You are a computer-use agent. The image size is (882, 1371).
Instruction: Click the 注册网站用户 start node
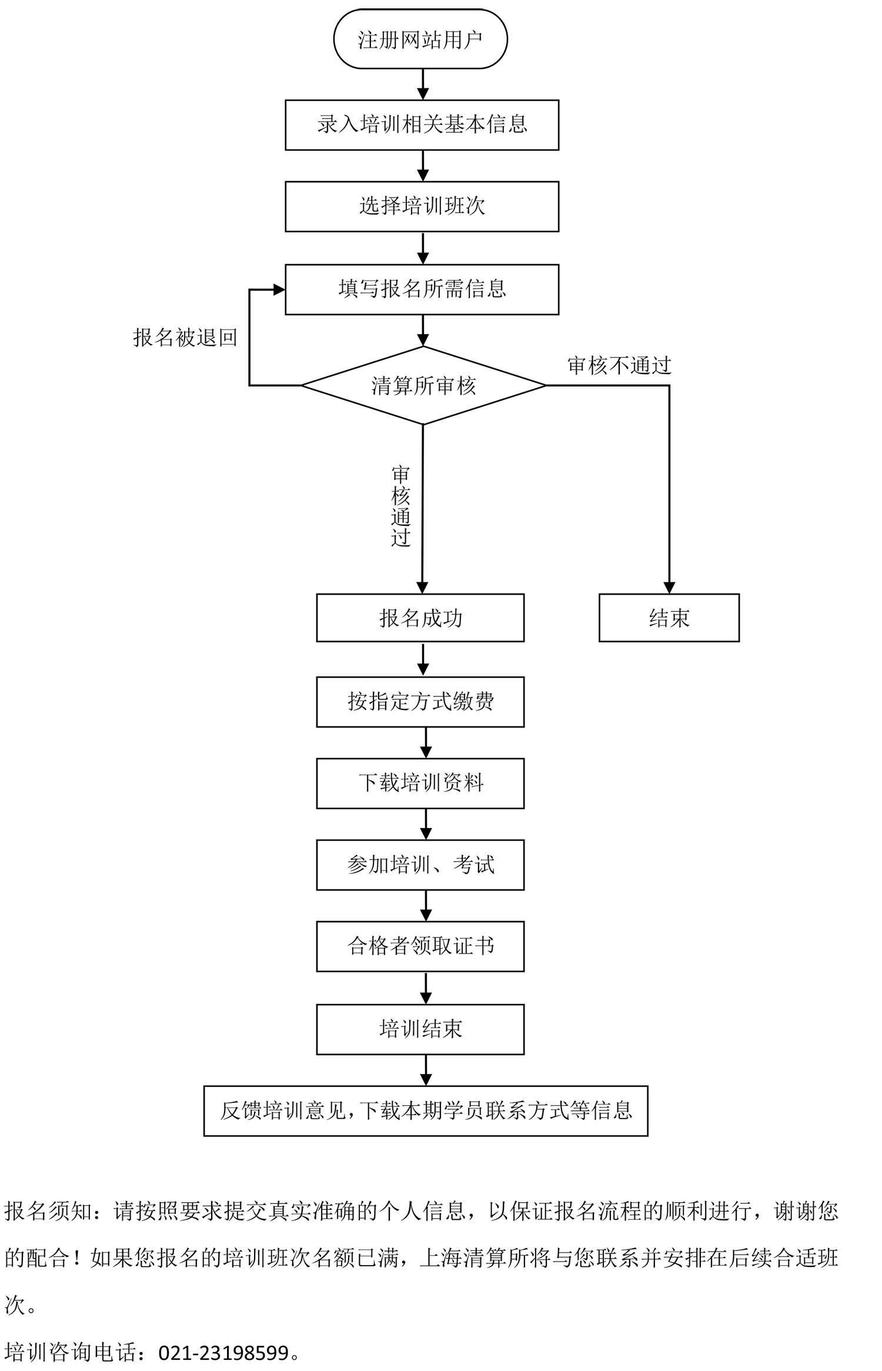click(x=420, y=39)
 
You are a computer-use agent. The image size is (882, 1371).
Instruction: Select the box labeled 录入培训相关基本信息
click(x=422, y=125)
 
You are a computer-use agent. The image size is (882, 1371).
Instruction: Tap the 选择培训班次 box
click(x=422, y=206)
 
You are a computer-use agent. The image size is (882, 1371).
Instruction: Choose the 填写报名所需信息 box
click(x=422, y=289)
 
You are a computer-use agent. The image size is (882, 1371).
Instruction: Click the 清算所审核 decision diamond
click(x=423, y=386)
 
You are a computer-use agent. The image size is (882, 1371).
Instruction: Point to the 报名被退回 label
click(x=185, y=338)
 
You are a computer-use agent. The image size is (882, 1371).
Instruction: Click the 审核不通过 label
click(x=619, y=366)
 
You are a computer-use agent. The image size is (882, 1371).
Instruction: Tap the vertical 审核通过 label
click(x=401, y=506)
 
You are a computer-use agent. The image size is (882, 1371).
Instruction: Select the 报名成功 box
click(x=420, y=618)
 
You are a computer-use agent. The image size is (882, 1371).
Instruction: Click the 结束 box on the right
click(x=669, y=618)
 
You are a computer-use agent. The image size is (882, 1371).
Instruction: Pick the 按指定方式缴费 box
click(x=420, y=702)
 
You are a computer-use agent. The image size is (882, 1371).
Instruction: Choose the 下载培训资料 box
click(x=420, y=783)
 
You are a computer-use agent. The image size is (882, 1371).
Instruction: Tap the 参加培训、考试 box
click(x=420, y=865)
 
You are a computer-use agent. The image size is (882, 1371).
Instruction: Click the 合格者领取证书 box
click(x=420, y=946)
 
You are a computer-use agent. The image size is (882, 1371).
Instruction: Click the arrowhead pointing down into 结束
click(x=669, y=587)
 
